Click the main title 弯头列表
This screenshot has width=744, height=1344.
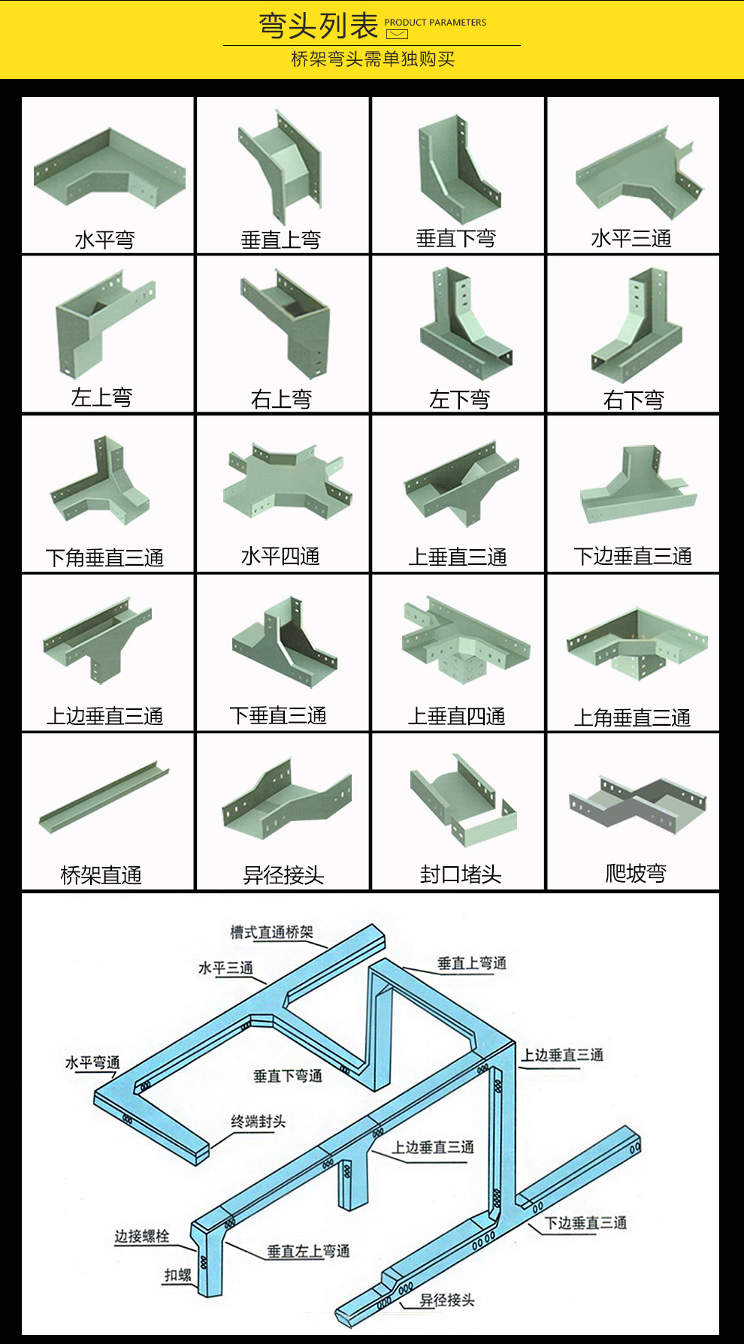318,26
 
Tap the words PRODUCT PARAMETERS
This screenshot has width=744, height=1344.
435,23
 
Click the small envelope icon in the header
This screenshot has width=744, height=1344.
396,34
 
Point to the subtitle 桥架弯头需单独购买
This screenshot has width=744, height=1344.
373,59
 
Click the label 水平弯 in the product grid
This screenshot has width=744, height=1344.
104,240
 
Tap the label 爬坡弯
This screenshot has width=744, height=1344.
636,873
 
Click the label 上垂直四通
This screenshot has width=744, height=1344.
456,716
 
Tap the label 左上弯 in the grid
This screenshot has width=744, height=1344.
101,397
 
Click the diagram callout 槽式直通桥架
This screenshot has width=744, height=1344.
271,932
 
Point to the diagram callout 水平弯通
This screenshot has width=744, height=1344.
92,1062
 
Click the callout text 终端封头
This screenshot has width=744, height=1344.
258,1122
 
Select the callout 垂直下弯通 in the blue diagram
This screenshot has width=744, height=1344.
288,1076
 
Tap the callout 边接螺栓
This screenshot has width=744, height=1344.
141,1236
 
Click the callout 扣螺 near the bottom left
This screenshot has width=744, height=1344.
178,1275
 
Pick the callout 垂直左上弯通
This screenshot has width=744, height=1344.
308,1251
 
